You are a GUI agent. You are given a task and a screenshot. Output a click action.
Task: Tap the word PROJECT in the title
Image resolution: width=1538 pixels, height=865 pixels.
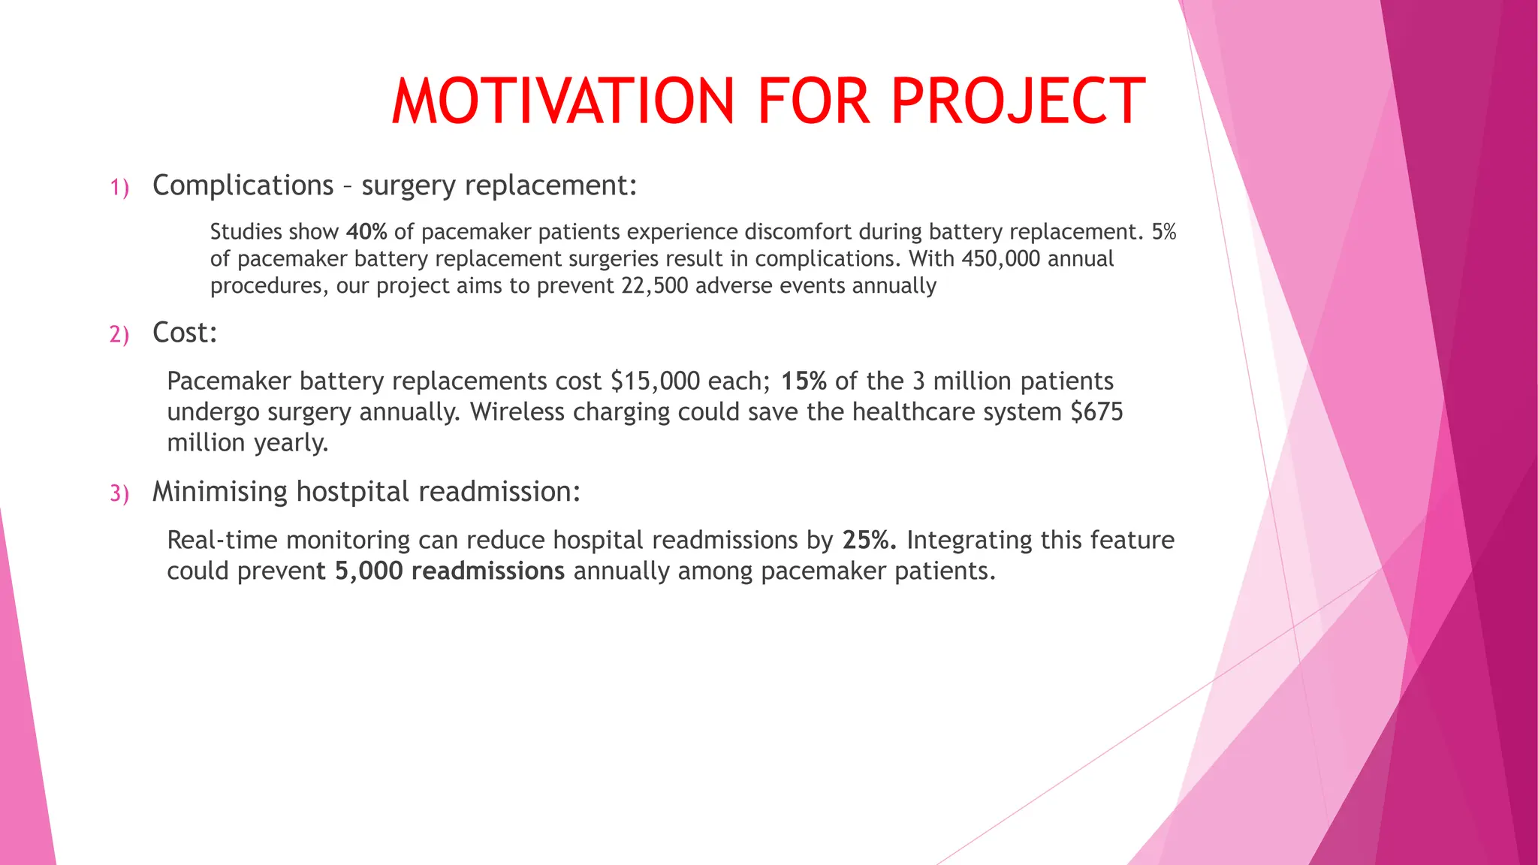(1018, 101)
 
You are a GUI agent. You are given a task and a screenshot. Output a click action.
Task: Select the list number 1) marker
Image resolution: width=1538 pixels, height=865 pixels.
(119, 187)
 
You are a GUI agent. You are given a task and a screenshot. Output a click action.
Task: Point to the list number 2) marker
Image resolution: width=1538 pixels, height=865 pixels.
(119, 334)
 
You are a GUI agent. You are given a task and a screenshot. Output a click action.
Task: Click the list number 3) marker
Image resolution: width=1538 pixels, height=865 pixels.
(119, 493)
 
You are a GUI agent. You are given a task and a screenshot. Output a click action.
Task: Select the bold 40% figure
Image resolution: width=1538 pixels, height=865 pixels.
(366, 231)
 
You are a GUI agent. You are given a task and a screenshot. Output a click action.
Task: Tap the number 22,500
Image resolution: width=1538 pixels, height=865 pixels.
(654, 285)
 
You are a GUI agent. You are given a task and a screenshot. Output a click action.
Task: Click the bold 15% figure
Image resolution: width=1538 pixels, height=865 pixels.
(804, 381)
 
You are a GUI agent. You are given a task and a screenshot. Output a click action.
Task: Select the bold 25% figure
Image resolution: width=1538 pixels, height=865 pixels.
(870, 540)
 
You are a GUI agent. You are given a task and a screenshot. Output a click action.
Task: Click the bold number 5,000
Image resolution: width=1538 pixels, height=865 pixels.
(369, 571)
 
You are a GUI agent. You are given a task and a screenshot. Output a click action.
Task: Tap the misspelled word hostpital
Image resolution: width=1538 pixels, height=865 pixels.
(353, 492)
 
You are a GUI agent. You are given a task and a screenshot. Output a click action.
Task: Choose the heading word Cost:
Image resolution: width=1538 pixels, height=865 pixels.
(185, 333)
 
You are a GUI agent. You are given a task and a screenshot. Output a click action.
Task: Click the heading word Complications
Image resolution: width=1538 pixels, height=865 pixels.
(243, 185)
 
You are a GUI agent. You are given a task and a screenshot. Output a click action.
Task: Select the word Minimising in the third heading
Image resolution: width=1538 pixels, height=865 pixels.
(220, 492)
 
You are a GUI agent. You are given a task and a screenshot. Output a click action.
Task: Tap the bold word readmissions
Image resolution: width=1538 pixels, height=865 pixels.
(488, 571)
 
